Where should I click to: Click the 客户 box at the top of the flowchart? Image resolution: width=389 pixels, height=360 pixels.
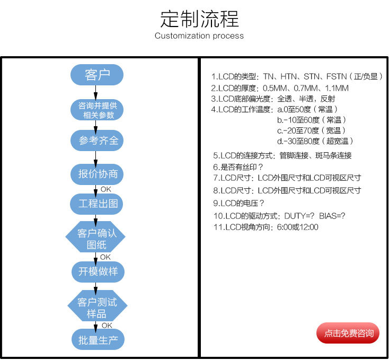[97, 75]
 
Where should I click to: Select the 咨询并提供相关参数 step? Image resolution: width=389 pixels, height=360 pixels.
[97, 110]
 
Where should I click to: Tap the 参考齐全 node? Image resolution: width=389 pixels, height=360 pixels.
[97, 141]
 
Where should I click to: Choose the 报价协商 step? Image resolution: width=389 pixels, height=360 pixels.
[97, 174]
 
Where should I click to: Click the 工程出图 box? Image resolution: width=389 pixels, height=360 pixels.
[97, 204]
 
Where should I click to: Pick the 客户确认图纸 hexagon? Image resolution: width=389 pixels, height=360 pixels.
[95, 236]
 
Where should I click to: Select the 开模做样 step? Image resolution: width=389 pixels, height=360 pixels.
[98, 272]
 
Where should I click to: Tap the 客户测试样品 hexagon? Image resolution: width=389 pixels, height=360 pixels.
[98, 306]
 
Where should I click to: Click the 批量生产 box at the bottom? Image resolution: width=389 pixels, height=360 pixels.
[98, 339]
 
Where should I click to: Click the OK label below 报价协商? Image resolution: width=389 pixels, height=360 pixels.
[106, 189]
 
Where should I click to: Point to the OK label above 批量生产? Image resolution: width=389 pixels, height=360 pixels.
[107, 325]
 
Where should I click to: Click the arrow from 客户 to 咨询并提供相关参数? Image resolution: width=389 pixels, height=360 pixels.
[95, 93]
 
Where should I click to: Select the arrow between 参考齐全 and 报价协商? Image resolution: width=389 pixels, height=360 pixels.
[95, 157]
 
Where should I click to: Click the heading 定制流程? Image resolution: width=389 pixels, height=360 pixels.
[199, 20]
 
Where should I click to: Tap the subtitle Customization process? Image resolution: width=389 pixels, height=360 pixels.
[199, 36]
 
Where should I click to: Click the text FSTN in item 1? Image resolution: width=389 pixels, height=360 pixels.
[337, 76]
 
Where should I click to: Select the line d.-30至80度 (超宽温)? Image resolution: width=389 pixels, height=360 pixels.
[315, 141]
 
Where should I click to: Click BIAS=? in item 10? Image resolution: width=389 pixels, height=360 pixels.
[332, 216]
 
